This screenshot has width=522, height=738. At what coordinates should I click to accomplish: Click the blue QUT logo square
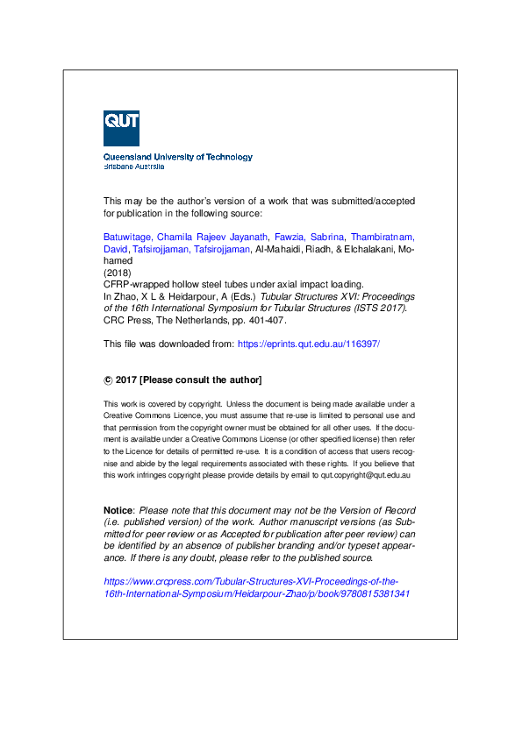pyautogui.click(x=121, y=129)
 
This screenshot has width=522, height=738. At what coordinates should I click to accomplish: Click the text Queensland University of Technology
pyautogui.click(x=178, y=158)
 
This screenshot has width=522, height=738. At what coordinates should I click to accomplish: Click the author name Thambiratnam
pyautogui.click(x=382, y=238)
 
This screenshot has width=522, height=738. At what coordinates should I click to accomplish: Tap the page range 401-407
pyautogui.click(x=269, y=321)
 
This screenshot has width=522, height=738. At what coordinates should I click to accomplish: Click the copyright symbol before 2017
pyautogui.click(x=108, y=380)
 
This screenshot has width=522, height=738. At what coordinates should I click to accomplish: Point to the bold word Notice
pyautogui.click(x=118, y=510)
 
